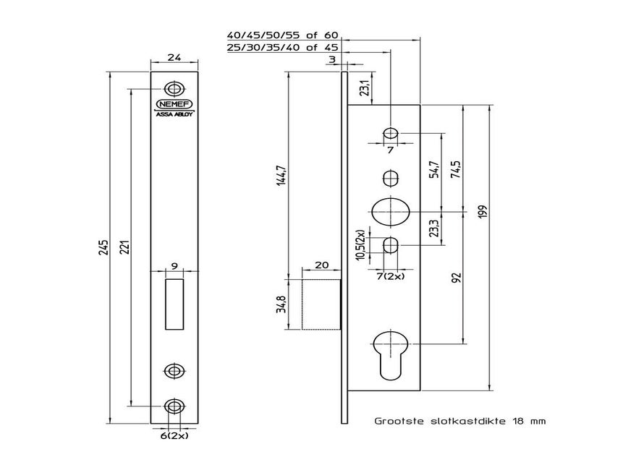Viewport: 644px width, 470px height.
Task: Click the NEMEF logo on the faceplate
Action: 173,104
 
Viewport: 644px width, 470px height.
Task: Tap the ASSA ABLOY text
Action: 173,114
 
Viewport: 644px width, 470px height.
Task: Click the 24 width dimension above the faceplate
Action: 174,59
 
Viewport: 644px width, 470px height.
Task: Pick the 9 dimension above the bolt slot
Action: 173,265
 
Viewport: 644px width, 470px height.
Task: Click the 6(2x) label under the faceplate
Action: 173,436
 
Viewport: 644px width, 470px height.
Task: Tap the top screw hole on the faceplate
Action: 173,88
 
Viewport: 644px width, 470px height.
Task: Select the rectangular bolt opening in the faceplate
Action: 173,304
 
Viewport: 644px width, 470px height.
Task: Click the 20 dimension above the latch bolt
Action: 322,265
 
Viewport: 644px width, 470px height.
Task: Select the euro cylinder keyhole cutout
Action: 391,351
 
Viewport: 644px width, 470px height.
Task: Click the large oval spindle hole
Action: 391,211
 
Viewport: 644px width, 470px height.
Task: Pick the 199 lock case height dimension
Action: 483,211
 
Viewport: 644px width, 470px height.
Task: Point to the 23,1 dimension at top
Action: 366,88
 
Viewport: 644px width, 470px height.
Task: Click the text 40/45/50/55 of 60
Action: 282,35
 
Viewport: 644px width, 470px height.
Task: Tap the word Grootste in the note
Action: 397,420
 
